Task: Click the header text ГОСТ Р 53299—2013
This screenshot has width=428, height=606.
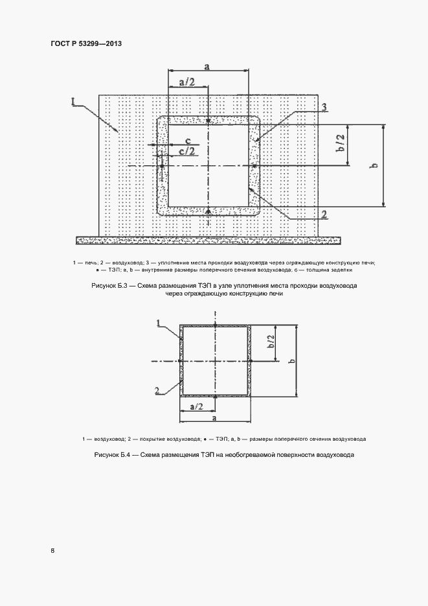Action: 86,43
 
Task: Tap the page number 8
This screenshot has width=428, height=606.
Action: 53,551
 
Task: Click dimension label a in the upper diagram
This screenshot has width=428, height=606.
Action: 207,65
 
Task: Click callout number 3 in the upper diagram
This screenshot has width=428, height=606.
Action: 324,107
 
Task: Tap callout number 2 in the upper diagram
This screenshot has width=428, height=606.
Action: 323,215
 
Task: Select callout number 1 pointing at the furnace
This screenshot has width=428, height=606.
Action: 74,102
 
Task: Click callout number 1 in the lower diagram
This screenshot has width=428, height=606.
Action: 158,321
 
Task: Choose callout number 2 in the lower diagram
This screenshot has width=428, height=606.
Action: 157,390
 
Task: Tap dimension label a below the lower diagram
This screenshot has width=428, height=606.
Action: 214,420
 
